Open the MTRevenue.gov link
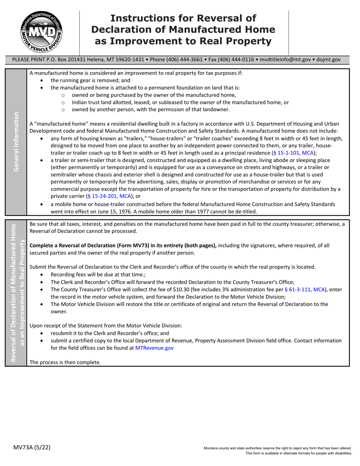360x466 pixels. point(154,347)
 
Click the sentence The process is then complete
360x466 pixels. point(65,362)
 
